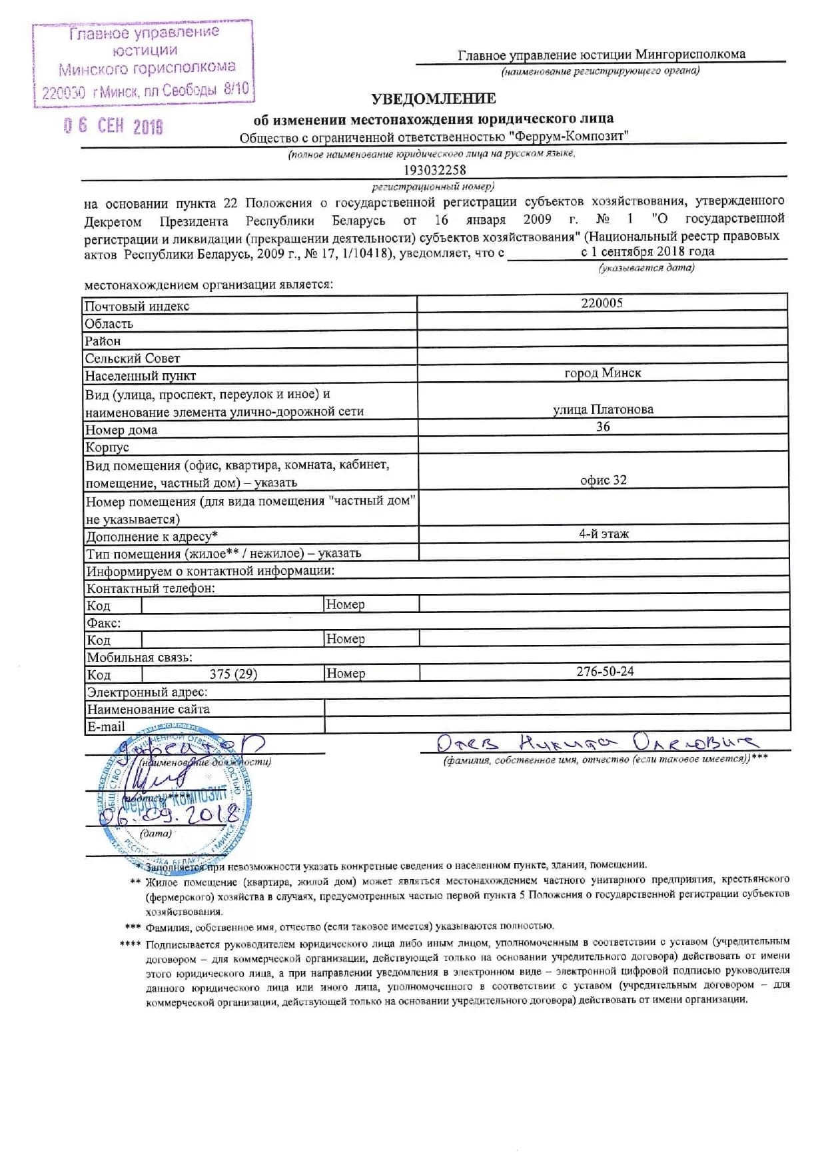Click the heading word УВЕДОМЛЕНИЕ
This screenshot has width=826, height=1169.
tap(433, 99)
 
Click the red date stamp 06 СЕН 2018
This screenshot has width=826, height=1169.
tap(113, 126)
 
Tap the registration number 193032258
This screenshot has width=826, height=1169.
tap(434, 170)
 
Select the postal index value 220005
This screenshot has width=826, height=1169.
tap(602, 303)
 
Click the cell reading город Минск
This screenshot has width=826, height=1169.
tap(602, 373)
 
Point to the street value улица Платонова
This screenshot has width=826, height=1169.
tap(603, 409)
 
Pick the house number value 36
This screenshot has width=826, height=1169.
tap(603, 427)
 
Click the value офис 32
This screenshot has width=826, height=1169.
tap(603, 480)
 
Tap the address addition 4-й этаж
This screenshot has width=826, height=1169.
tap(604, 533)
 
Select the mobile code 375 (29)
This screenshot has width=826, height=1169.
tap(233, 674)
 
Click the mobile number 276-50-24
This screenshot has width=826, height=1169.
tap(605, 672)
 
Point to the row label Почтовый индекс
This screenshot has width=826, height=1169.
tap(137, 307)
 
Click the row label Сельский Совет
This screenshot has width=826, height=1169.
tap(132, 359)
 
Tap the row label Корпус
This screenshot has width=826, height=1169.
tap(107, 447)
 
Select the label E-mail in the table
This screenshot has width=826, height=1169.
tap(106, 726)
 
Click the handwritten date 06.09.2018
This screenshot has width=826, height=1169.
tap(170, 814)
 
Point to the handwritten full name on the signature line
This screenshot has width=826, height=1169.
tap(596, 742)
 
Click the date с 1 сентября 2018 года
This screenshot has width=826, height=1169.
tap(647, 252)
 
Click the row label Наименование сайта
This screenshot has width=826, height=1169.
tap(148, 709)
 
